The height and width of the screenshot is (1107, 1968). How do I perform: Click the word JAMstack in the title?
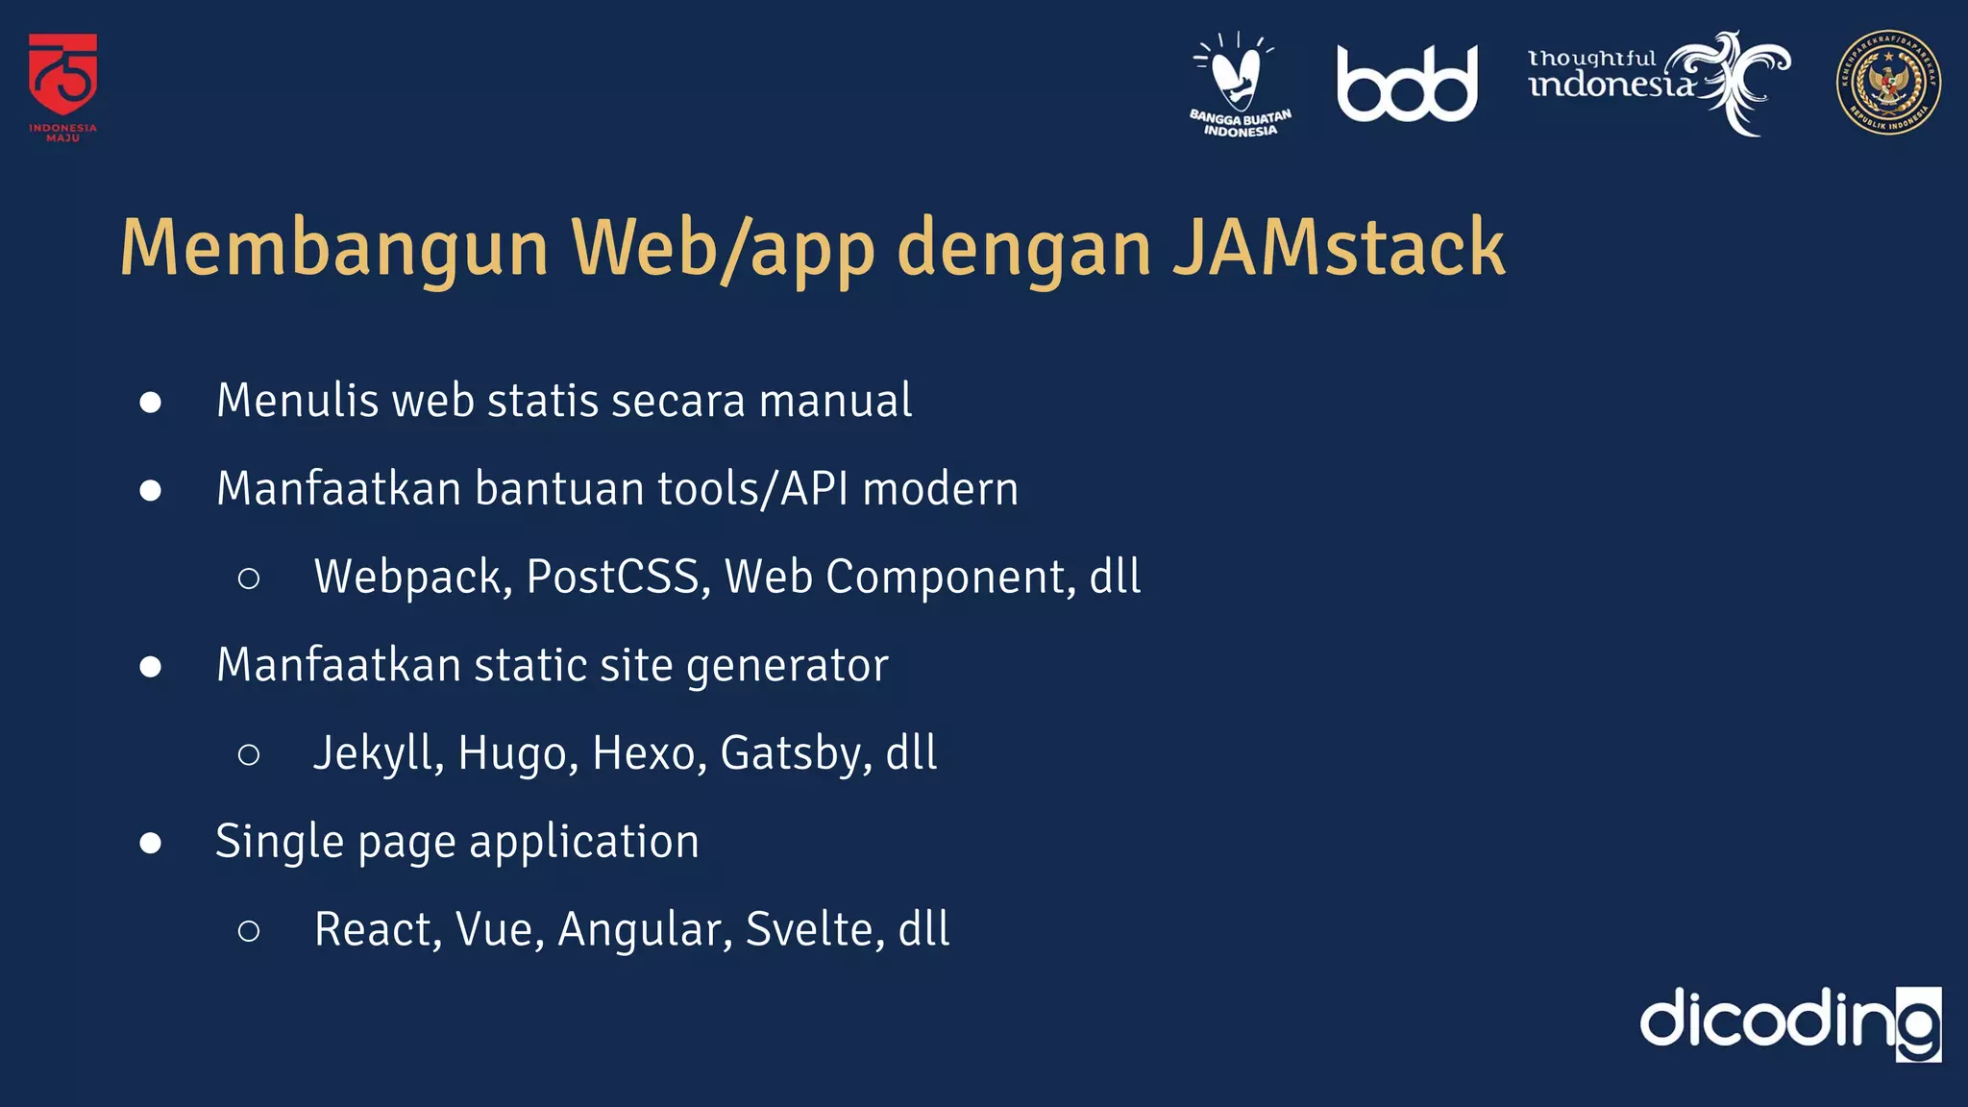(1339, 248)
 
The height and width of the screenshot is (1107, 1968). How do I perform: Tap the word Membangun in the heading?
(333, 248)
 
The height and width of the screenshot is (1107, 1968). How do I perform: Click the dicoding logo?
(1790, 1022)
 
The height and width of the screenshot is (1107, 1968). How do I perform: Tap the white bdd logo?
(1407, 85)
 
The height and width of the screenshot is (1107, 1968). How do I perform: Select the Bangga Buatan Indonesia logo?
(1240, 85)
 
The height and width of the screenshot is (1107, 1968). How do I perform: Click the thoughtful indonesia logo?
(1658, 82)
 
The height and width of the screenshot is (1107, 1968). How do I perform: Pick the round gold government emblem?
(1888, 83)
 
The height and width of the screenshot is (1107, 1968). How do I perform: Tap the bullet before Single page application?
(150, 843)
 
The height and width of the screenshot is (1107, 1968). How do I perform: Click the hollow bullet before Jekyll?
(249, 754)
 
